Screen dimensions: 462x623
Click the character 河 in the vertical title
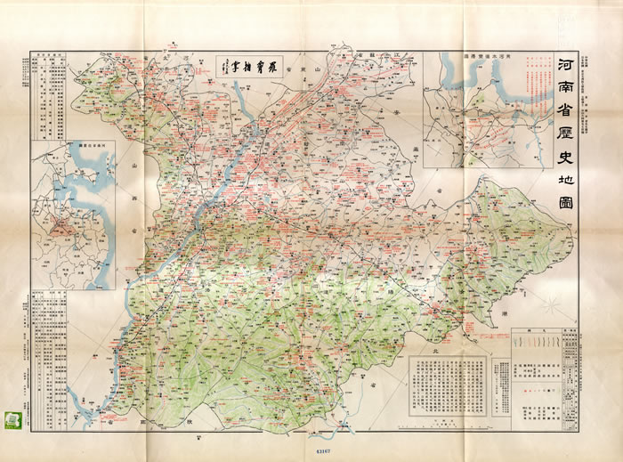coord(563,66)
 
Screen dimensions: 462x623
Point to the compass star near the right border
coord(552,307)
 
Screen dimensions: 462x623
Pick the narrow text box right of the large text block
coord(498,383)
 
